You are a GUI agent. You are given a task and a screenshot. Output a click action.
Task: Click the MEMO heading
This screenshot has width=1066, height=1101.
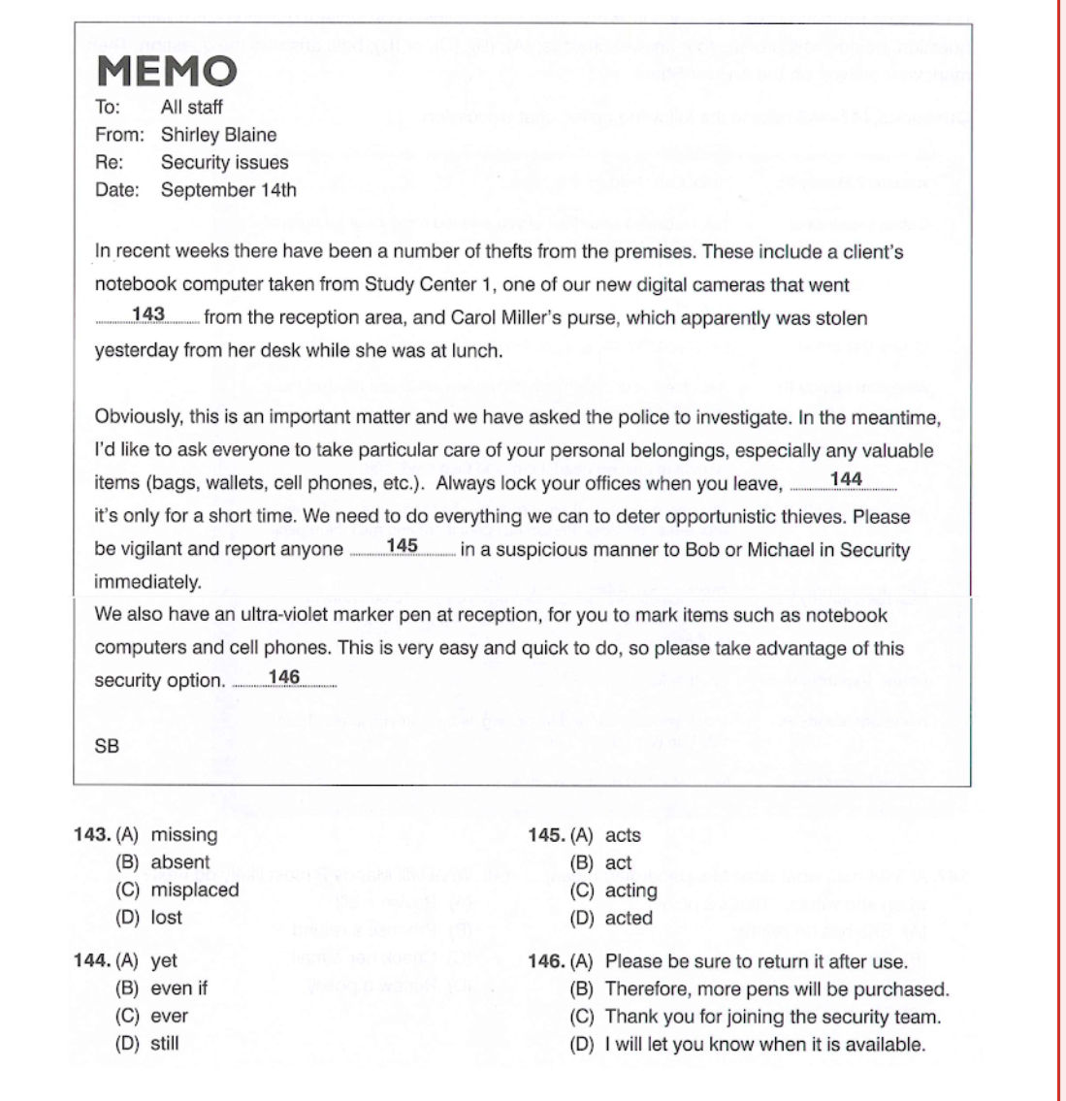tap(167, 72)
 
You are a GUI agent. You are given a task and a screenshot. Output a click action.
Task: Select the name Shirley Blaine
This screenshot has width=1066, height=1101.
tap(218, 135)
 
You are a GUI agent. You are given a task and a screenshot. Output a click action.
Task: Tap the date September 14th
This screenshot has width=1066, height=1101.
tap(229, 190)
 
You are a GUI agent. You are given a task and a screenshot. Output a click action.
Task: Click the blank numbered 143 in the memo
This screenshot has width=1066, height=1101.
tap(148, 315)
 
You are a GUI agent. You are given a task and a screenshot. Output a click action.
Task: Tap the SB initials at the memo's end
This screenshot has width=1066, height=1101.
tap(107, 746)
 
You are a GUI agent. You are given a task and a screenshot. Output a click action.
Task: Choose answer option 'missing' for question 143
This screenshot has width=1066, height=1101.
tap(184, 834)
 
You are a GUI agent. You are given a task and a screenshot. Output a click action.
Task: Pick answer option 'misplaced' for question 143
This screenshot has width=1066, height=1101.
tap(195, 890)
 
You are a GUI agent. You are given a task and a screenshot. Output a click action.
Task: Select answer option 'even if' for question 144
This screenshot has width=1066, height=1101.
tap(178, 988)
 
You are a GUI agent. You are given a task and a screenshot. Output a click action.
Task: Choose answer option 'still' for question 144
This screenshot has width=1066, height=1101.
tap(165, 1044)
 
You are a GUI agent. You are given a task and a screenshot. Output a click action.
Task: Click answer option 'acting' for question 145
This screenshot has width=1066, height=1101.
tap(630, 891)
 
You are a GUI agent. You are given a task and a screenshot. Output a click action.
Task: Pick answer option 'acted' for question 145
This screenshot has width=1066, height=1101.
tap(629, 918)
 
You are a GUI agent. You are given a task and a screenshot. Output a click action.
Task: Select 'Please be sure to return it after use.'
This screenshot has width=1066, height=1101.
tap(756, 961)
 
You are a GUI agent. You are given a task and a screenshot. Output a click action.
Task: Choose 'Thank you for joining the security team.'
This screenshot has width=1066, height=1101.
tap(772, 1017)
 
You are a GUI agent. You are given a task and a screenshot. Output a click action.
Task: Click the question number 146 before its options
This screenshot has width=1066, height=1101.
tap(546, 961)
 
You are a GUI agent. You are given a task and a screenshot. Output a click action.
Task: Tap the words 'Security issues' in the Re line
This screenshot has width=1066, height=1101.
tap(224, 162)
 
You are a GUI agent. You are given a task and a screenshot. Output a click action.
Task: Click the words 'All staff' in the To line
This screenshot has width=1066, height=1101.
tap(191, 107)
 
